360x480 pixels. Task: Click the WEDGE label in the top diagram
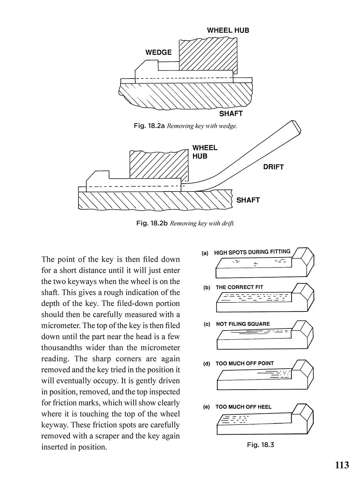pyautogui.click(x=158, y=53)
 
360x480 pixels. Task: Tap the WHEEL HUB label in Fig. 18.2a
pyautogui.click(x=228, y=31)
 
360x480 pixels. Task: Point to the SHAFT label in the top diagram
pyautogui.click(x=231, y=114)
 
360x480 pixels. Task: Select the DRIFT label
pyautogui.click(x=273, y=167)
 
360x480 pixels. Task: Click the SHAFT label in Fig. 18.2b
pyautogui.click(x=248, y=200)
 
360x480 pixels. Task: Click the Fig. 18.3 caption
pyautogui.click(x=260, y=445)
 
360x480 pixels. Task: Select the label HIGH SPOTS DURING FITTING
pyautogui.click(x=252, y=252)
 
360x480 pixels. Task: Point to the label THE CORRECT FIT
pyautogui.click(x=239, y=287)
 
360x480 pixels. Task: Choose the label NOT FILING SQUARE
pyautogui.click(x=243, y=324)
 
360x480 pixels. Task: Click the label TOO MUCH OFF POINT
pyautogui.click(x=245, y=364)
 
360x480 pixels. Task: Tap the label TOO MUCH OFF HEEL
pyautogui.click(x=243, y=407)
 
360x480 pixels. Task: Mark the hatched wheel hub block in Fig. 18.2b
pyautogui.click(x=159, y=164)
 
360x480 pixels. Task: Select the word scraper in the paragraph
pyautogui.click(x=105, y=436)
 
